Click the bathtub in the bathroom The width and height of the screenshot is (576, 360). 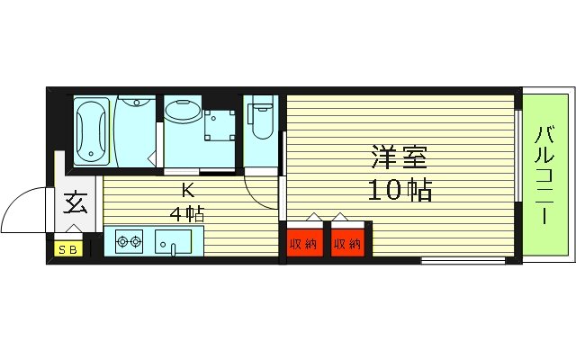click(92, 130)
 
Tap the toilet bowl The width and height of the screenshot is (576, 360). click(261, 119)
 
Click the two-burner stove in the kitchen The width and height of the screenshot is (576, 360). click(130, 241)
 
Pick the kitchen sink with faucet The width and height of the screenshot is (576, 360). click(174, 242)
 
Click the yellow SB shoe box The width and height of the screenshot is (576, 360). click(67, 248)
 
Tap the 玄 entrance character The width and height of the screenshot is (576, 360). click(76, 203)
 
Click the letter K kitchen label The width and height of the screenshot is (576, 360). click(188, 191)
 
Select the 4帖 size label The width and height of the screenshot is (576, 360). click(188, 215)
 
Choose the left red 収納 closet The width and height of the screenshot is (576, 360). click(303, 242)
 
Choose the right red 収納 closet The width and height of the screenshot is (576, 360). click(346, 242)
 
